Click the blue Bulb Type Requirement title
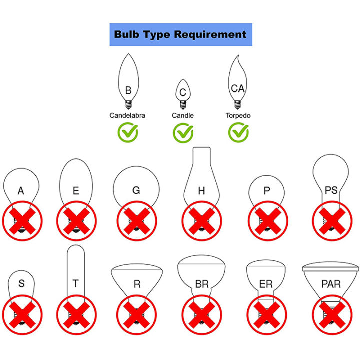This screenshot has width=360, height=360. [x=180, y=34]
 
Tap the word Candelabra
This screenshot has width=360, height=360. [x=128, y=115]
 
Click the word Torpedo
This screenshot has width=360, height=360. [x=238, y=115]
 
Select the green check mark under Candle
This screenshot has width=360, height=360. [x=183, y=132]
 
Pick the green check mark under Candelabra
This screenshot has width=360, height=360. [x=128, y=132]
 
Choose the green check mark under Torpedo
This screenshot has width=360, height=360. [x=238, y=132]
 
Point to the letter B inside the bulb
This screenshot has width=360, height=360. [x=128, y=91]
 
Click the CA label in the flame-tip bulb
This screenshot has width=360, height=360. [x=238, y=88]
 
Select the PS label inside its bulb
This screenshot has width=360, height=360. [x=331, y=190]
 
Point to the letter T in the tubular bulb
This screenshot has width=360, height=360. [x=75, y=284]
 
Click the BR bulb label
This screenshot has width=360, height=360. [x=202, y=284]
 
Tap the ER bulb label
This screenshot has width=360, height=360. [x=266, y=284]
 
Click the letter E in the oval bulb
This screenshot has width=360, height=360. [x=75, y=190]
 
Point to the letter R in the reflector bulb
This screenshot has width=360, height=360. [x=137, y=284]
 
